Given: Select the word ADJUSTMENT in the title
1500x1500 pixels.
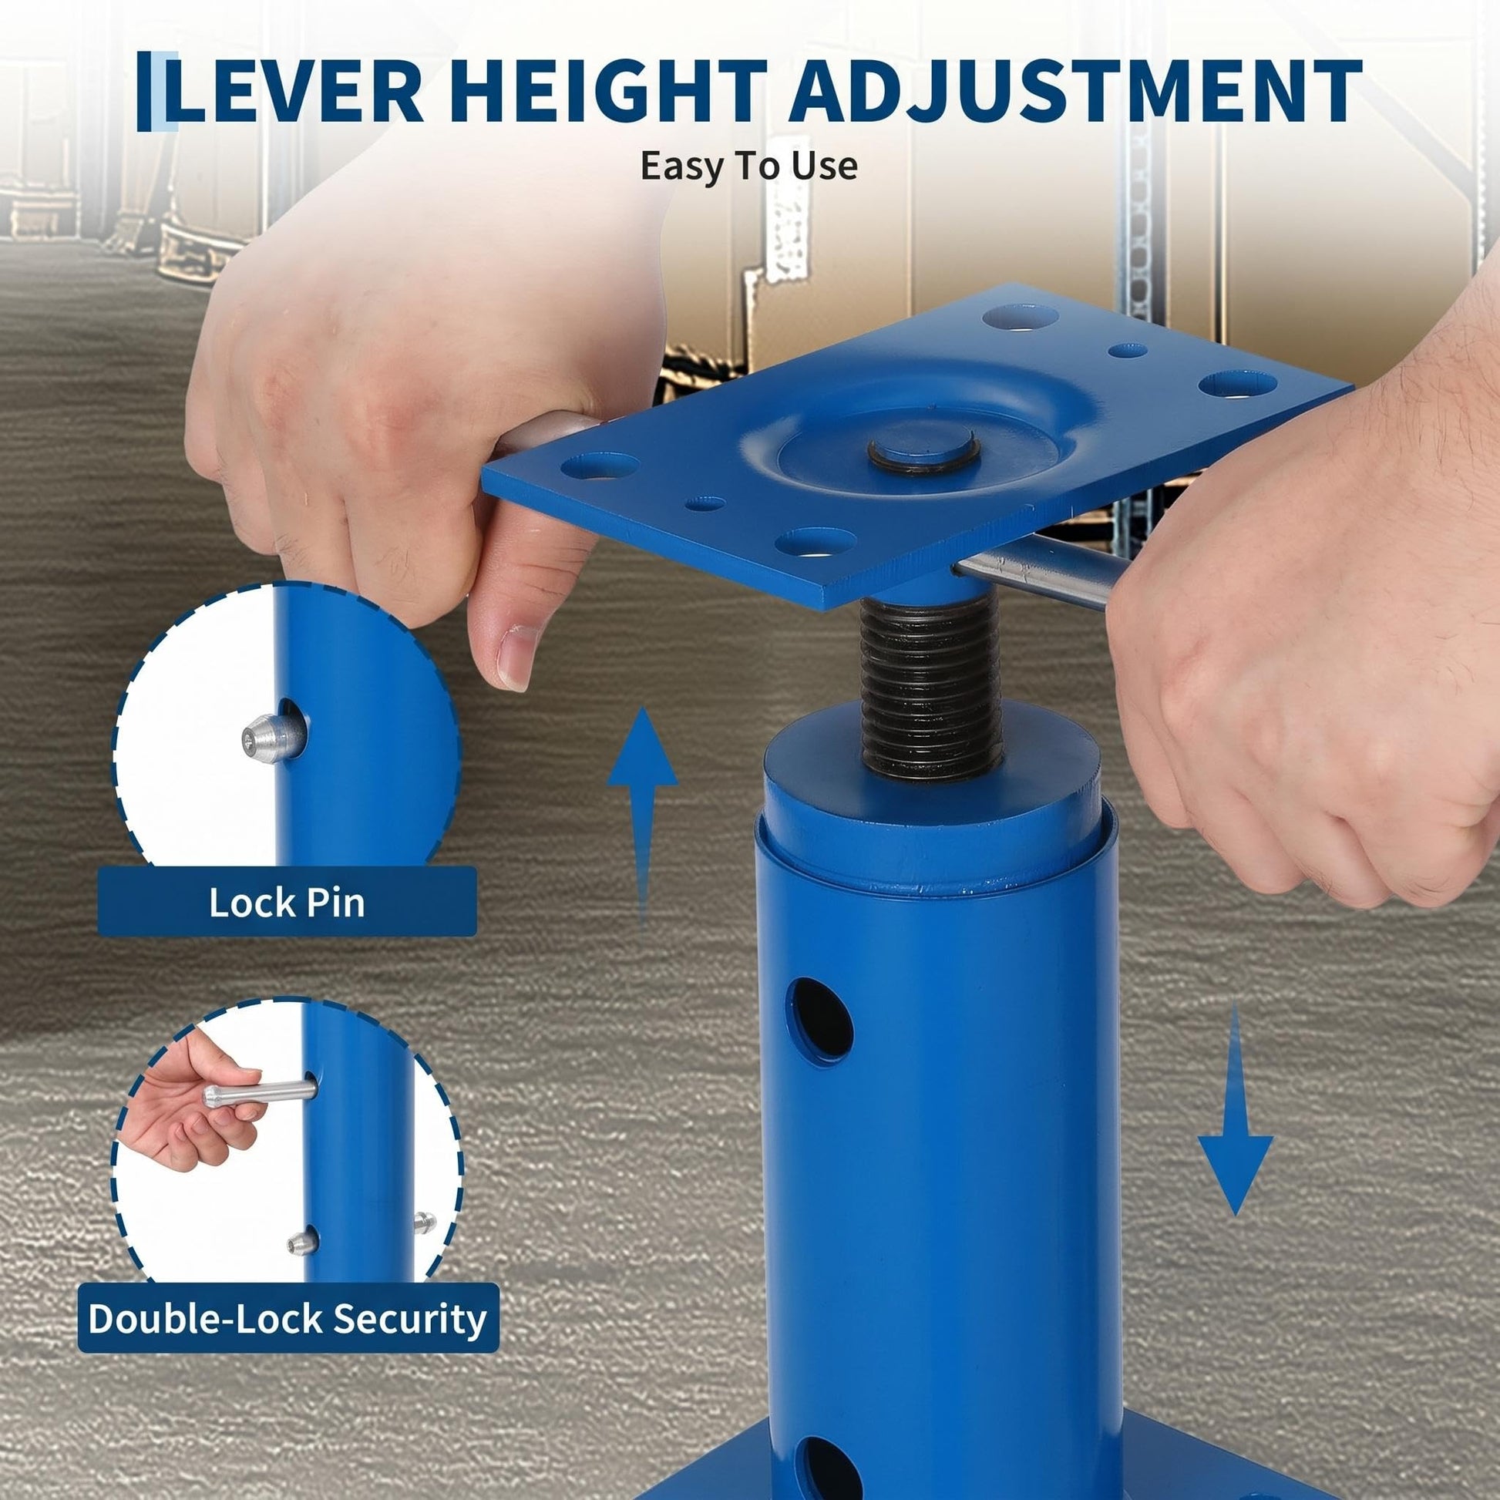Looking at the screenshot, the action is point(1075,92).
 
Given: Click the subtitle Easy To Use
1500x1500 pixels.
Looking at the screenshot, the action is point(749,166).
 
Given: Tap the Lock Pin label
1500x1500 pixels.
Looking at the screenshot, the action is point(287,902).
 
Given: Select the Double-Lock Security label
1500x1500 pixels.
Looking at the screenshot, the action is point(288,1317).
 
